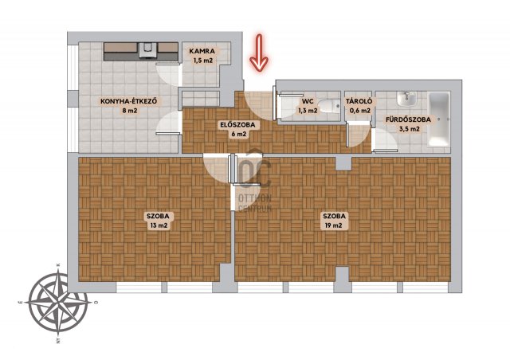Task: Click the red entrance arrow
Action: coord(259,53)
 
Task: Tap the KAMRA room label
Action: coord(202,51)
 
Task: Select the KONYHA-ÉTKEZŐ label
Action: coord(129,101)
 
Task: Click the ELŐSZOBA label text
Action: coord(237,124)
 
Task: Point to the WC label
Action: coord(308,101)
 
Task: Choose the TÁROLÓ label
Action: coord(359,101)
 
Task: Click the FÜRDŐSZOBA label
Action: coord(408,119)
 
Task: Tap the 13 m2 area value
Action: coord(159,225)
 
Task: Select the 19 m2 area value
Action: coord(333,225)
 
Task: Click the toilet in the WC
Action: coord(328,106)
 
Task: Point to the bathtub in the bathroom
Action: coord(439,119)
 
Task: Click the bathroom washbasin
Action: coord(406,99)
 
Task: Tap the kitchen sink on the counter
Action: coord(147,50)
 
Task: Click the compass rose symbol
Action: coord(58,303)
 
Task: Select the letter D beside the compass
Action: coord(96,303)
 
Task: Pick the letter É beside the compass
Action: coord(20,303)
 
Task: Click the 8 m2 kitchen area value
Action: coord(129,111)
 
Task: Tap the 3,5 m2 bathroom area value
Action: coord(409,129)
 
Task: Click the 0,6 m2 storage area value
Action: coord(359,111)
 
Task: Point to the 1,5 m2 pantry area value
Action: coord(203,61)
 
